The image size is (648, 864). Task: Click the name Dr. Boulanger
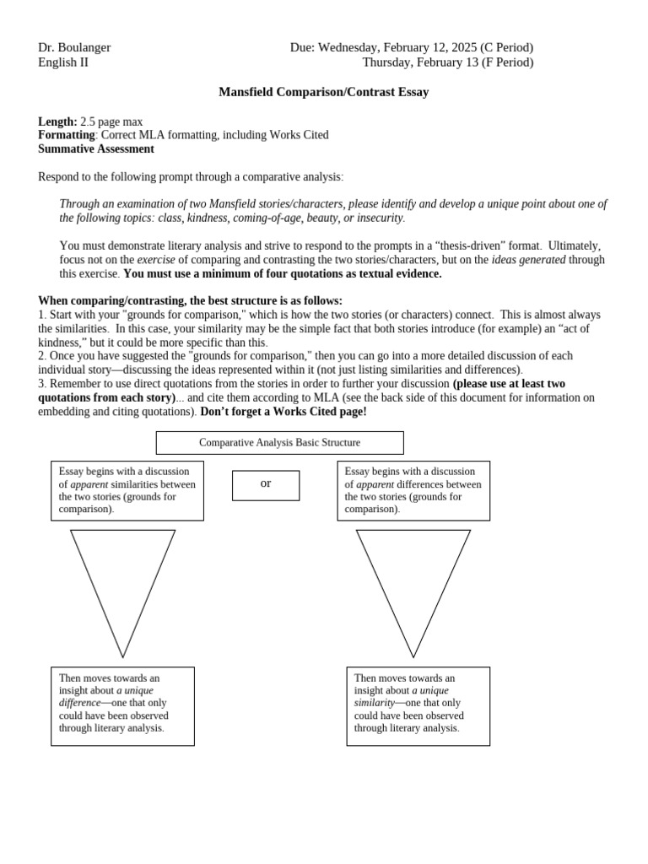[74, 47]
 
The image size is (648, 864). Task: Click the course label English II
[63, 62]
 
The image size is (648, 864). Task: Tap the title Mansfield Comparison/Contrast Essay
[324, 92]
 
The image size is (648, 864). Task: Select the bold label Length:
[57, 121]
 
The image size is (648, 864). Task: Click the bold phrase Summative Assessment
[96, 148]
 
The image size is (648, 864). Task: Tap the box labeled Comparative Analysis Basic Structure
[279, 442]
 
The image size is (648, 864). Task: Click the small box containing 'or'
[266, 484]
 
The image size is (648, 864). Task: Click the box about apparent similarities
[127, 490]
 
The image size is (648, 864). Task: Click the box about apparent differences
[413, 490]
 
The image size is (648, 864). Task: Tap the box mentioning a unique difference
[122, 705]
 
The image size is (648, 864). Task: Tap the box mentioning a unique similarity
[418, 705]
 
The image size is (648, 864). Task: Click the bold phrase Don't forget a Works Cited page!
[283, 412]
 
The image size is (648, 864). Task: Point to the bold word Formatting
[67, 135]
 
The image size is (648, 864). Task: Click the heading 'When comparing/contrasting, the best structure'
[190, 300]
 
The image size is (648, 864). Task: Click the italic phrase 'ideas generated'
[528, 260]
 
